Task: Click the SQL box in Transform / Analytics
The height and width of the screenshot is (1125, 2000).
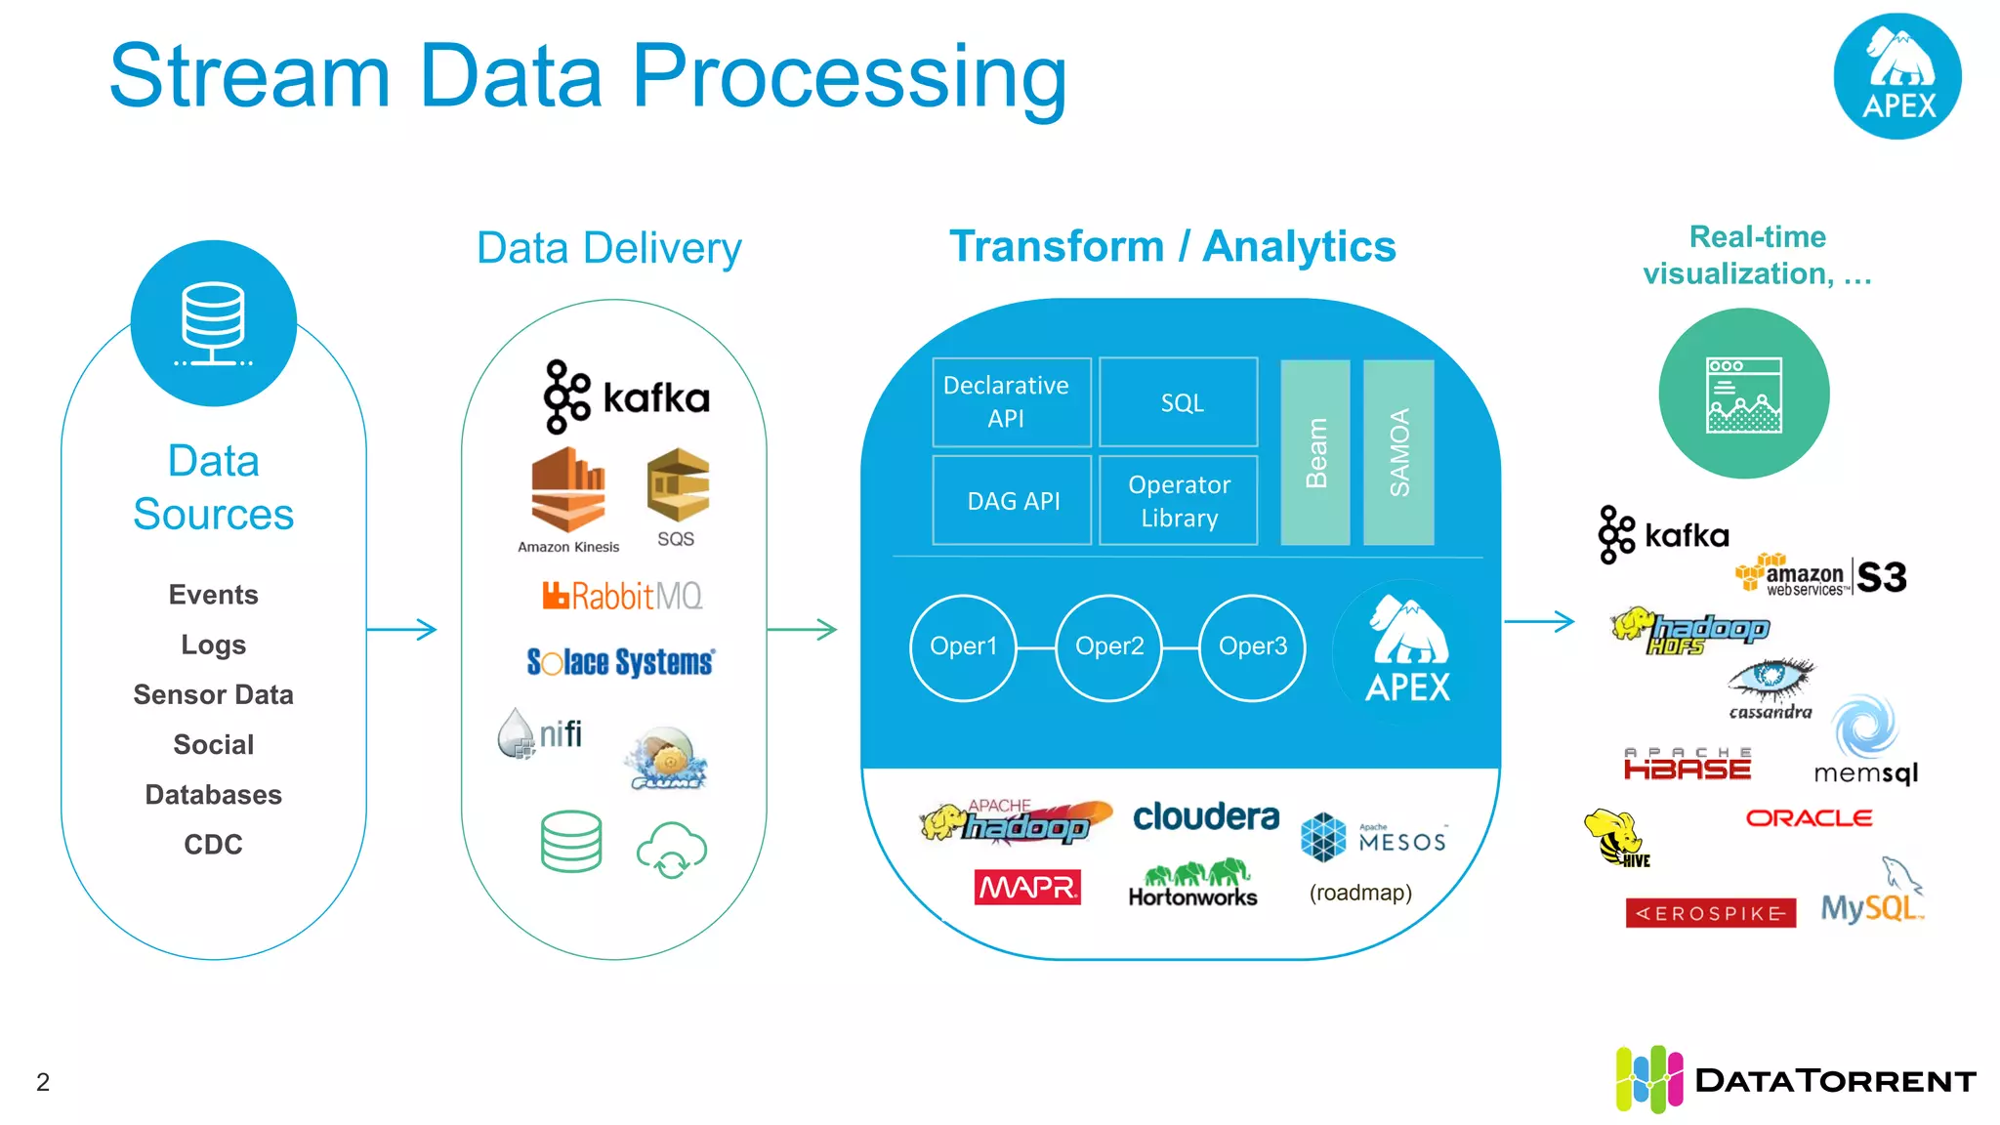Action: (1179, 402)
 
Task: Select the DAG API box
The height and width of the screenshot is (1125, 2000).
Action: (1012, 501)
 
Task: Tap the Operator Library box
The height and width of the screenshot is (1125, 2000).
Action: (1179, 501)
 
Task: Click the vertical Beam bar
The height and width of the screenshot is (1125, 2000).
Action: (1315, 452)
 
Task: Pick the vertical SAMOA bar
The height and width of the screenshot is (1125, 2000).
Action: (1398, 452)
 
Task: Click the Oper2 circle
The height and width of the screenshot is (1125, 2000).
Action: (1108, 646)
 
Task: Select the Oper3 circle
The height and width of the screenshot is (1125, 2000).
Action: (1252, 646)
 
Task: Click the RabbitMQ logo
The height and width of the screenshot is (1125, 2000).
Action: (622, 596)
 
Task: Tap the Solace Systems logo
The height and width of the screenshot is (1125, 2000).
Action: (620, 662)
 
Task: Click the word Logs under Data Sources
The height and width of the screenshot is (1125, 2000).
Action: (213, 645)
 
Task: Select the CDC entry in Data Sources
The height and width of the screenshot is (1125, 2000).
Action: (213, 845)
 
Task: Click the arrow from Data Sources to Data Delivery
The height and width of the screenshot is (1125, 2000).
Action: (401, 629)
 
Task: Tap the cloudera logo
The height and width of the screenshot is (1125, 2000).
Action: (1205, 816)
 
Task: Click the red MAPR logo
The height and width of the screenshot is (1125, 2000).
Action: (1027, 887)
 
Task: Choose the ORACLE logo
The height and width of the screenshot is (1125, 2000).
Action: (1809, 818)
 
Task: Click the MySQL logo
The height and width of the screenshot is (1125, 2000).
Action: (1869, 906)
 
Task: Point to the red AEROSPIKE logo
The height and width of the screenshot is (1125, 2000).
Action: (1710, 913)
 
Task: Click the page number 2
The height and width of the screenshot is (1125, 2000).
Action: (43, 1082)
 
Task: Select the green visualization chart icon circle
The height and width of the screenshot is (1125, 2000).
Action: (1744, 394)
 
